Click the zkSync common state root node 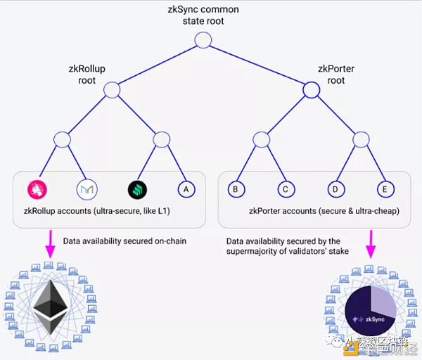click(203, 40)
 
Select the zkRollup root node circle click(112, 89)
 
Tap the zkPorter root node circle click(311, 89)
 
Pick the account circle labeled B click(237, 189)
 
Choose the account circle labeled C click(284, 189)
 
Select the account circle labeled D click(335, 189)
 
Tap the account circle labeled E click(383, 189)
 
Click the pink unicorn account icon click(37, 189)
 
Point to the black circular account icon click(136, 189)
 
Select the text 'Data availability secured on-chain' click(124, 241)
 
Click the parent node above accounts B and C click(261, 139)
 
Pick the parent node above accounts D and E click(360, 139)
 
